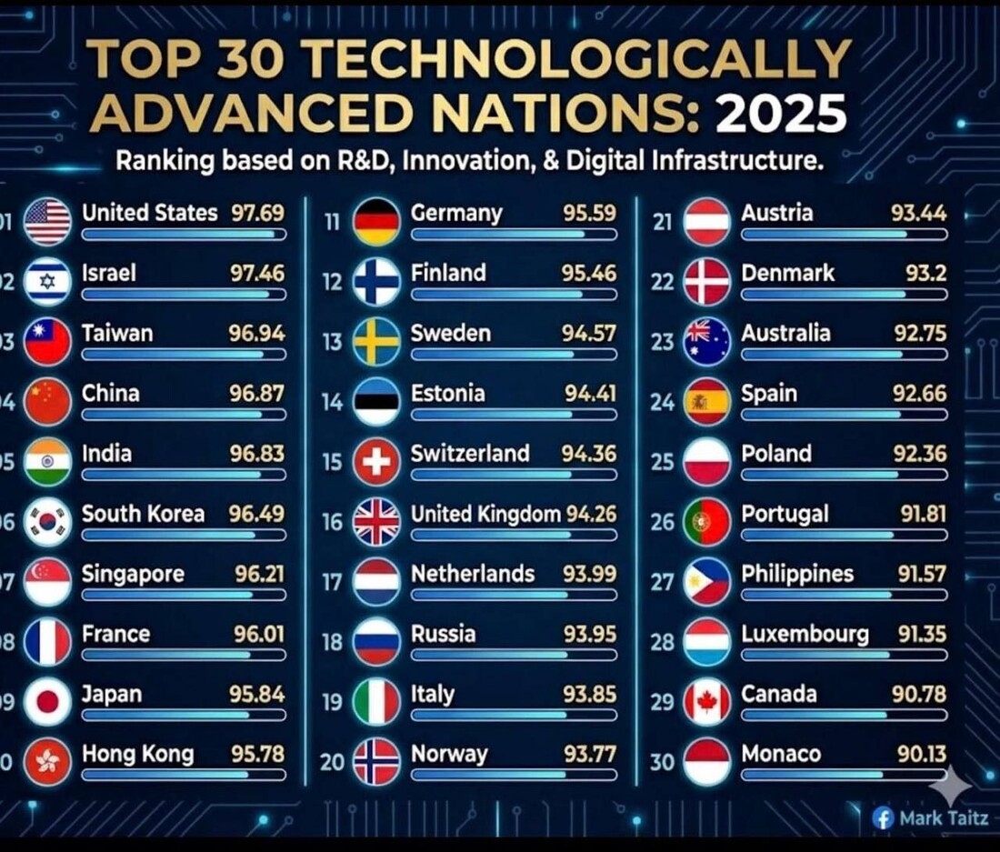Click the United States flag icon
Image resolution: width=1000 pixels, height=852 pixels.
[47, 222]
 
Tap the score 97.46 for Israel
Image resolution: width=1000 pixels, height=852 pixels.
[256, 273]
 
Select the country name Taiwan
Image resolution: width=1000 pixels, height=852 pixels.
[117, 333]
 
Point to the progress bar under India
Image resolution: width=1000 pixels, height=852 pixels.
[183, 474]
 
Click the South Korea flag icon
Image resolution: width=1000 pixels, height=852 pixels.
[47, 522]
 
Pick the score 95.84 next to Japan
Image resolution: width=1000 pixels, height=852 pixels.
[256, 694]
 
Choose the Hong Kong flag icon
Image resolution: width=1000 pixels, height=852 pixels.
[47, 762]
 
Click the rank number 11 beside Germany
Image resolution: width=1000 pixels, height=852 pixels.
[332, 221]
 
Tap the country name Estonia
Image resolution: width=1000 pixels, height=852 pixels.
[447, 393]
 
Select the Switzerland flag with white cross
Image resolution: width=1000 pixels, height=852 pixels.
[376, 462]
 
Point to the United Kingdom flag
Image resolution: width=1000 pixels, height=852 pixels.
[376, 522]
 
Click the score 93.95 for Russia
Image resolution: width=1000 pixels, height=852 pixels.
[589, 634]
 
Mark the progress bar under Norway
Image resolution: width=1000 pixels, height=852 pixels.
[514, 775]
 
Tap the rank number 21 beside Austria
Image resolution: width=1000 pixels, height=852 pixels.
[663, 221]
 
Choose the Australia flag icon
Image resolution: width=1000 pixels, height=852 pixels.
[706, 342]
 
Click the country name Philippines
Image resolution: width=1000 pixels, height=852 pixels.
[797, 574]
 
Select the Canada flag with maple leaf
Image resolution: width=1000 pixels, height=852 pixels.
[706, 702]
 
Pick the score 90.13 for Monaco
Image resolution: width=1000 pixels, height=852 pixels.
[919, 754]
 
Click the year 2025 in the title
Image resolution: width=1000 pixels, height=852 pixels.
[781, 115]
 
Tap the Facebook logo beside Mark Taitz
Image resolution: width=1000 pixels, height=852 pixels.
[883, 817]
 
